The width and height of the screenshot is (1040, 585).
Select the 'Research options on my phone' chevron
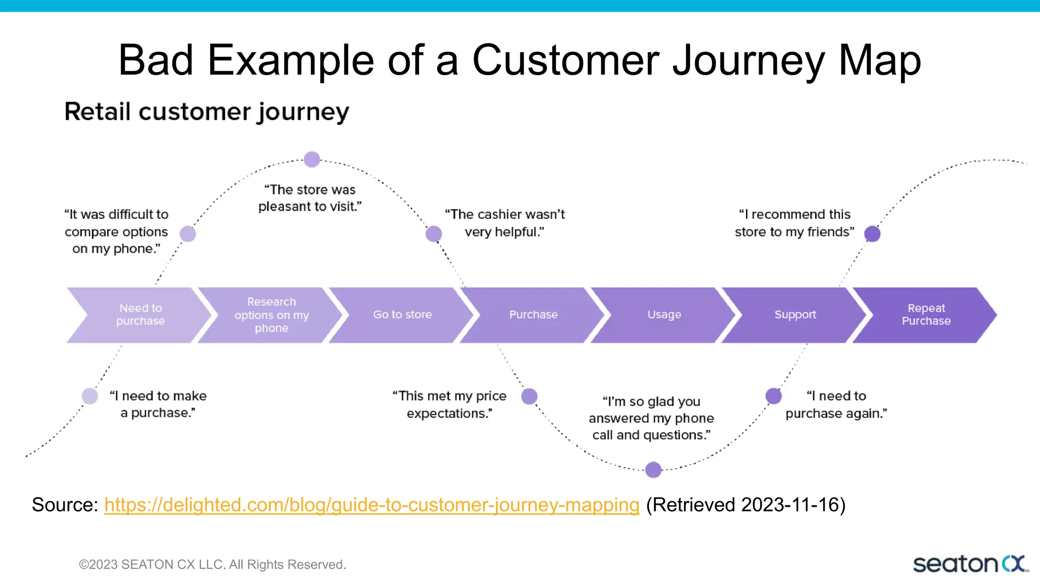tap(271, 315)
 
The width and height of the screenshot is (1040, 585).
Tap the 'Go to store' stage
tap(402, 315)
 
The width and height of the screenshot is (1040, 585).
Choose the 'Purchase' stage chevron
tap(533, 315)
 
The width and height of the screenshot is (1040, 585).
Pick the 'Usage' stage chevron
tap(664, 315)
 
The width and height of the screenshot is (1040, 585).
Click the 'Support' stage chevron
tap(795, 315)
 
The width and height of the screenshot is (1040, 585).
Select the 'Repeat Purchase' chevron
tap(926, 315)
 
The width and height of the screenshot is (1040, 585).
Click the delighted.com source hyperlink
tap(371, 505)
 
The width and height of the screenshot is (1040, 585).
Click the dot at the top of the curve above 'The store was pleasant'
tap(312, 159)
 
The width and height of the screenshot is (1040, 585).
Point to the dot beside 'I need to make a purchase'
tap(90, 396)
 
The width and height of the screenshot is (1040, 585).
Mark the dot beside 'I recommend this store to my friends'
tap(872, 234)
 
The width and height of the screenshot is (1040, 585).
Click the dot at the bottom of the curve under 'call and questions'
tap(654, 470)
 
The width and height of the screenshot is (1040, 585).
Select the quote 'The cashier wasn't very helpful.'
tap(505, 223)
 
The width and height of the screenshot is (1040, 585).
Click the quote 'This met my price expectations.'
tap(449, 404)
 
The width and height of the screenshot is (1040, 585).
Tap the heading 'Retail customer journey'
tap(207, 112)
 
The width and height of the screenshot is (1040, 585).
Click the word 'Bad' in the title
tap(155, 60)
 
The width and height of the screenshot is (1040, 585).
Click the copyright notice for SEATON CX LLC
tap(212, 564)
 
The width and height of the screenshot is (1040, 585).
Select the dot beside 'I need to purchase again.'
tap(773, 396)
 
